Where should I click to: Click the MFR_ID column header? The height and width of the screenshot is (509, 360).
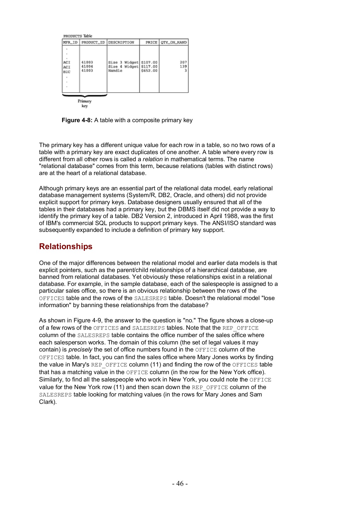pos(70,42)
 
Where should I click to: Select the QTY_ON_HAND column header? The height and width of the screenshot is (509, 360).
pos(173,42)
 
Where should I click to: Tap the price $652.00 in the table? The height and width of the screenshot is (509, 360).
pos(149,71)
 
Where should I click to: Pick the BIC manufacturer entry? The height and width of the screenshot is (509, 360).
pos(67,72)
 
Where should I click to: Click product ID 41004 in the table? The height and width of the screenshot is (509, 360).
pos(87,66)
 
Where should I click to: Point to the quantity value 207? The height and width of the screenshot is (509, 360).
pos(183,62)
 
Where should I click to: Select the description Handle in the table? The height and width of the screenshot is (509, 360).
pos(115,71)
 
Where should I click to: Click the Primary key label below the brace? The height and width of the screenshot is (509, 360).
pos(85,103)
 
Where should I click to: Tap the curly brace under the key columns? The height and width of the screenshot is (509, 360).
pos(85,96)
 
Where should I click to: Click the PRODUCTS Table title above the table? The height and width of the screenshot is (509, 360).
pos(78,36)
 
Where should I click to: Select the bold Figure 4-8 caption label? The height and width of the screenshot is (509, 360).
pos(77,120)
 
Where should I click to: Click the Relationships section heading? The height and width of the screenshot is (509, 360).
pos(66,246)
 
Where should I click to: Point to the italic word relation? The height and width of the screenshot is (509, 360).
pos(153,159)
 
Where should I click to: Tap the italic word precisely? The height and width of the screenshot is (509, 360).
pos(80,350)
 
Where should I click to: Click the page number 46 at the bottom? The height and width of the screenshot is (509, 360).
pos(180,484)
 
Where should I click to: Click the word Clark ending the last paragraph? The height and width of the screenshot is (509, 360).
pos(46,402)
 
